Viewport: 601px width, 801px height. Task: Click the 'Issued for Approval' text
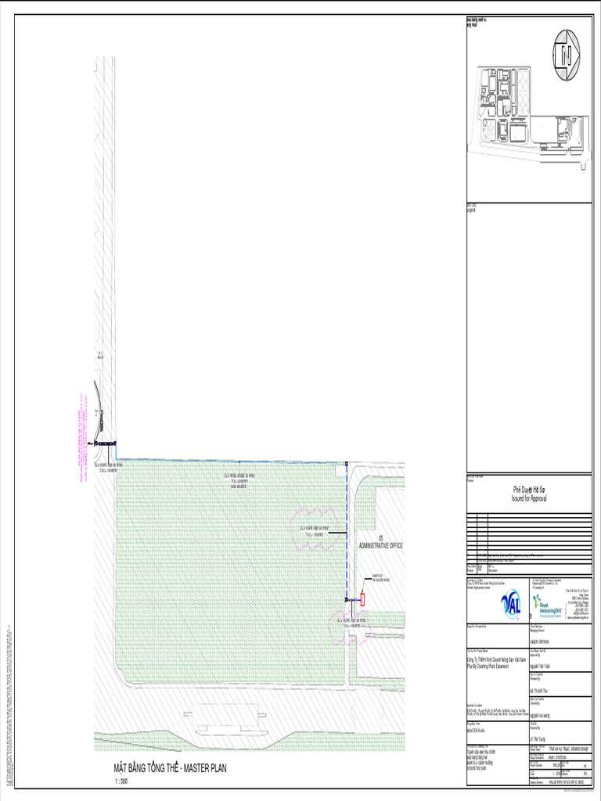[529, 497]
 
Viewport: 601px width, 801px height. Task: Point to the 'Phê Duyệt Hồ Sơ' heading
[529, 490]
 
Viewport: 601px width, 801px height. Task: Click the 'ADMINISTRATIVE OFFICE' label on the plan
[380, 545]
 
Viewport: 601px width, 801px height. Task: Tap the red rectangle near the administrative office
[362, 600]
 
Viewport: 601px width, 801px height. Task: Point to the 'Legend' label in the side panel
[471, 210]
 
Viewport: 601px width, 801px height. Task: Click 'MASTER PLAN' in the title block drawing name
[479, 729]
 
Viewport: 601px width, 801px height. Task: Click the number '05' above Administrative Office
[380, 538]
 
